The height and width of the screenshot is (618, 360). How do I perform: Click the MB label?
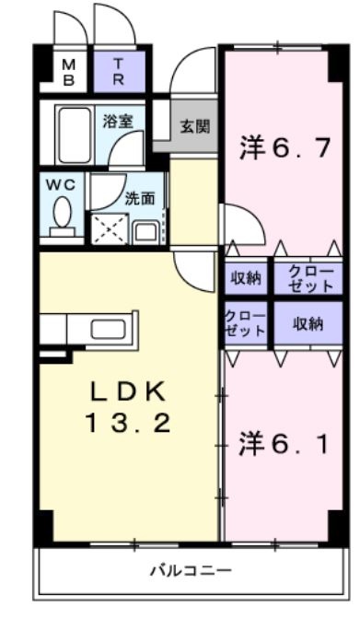(68, 72)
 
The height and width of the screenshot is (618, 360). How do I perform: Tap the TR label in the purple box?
(119, 71)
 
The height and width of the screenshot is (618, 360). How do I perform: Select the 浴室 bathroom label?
(117, 122)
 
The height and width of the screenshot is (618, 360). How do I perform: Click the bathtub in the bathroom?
(74, 134)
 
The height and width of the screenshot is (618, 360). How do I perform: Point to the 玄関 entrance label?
(195, 126)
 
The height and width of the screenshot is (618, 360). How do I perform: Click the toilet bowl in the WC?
(62, 214)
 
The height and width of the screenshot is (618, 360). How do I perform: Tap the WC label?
(61, 185)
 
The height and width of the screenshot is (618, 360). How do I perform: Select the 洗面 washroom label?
(140, 199)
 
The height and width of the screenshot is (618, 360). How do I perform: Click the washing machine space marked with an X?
(110, 228)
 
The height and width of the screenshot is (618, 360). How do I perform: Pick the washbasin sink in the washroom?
(145, 232)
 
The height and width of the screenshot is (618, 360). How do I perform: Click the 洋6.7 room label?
(284, 147)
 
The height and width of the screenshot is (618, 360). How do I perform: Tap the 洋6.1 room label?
(284, 444)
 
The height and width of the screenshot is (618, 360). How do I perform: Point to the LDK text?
(127, 392)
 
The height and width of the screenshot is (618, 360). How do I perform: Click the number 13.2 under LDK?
(128, 423)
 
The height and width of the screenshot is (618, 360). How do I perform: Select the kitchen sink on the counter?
(108, 329)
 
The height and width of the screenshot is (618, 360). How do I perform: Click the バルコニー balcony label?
(192, 570)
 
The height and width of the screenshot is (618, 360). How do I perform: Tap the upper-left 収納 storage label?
(246, 279)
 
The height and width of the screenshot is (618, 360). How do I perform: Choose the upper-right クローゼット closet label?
(311, 279)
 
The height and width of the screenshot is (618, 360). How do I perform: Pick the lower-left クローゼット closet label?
(245, 323)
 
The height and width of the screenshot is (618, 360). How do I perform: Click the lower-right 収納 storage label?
(308, 324)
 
